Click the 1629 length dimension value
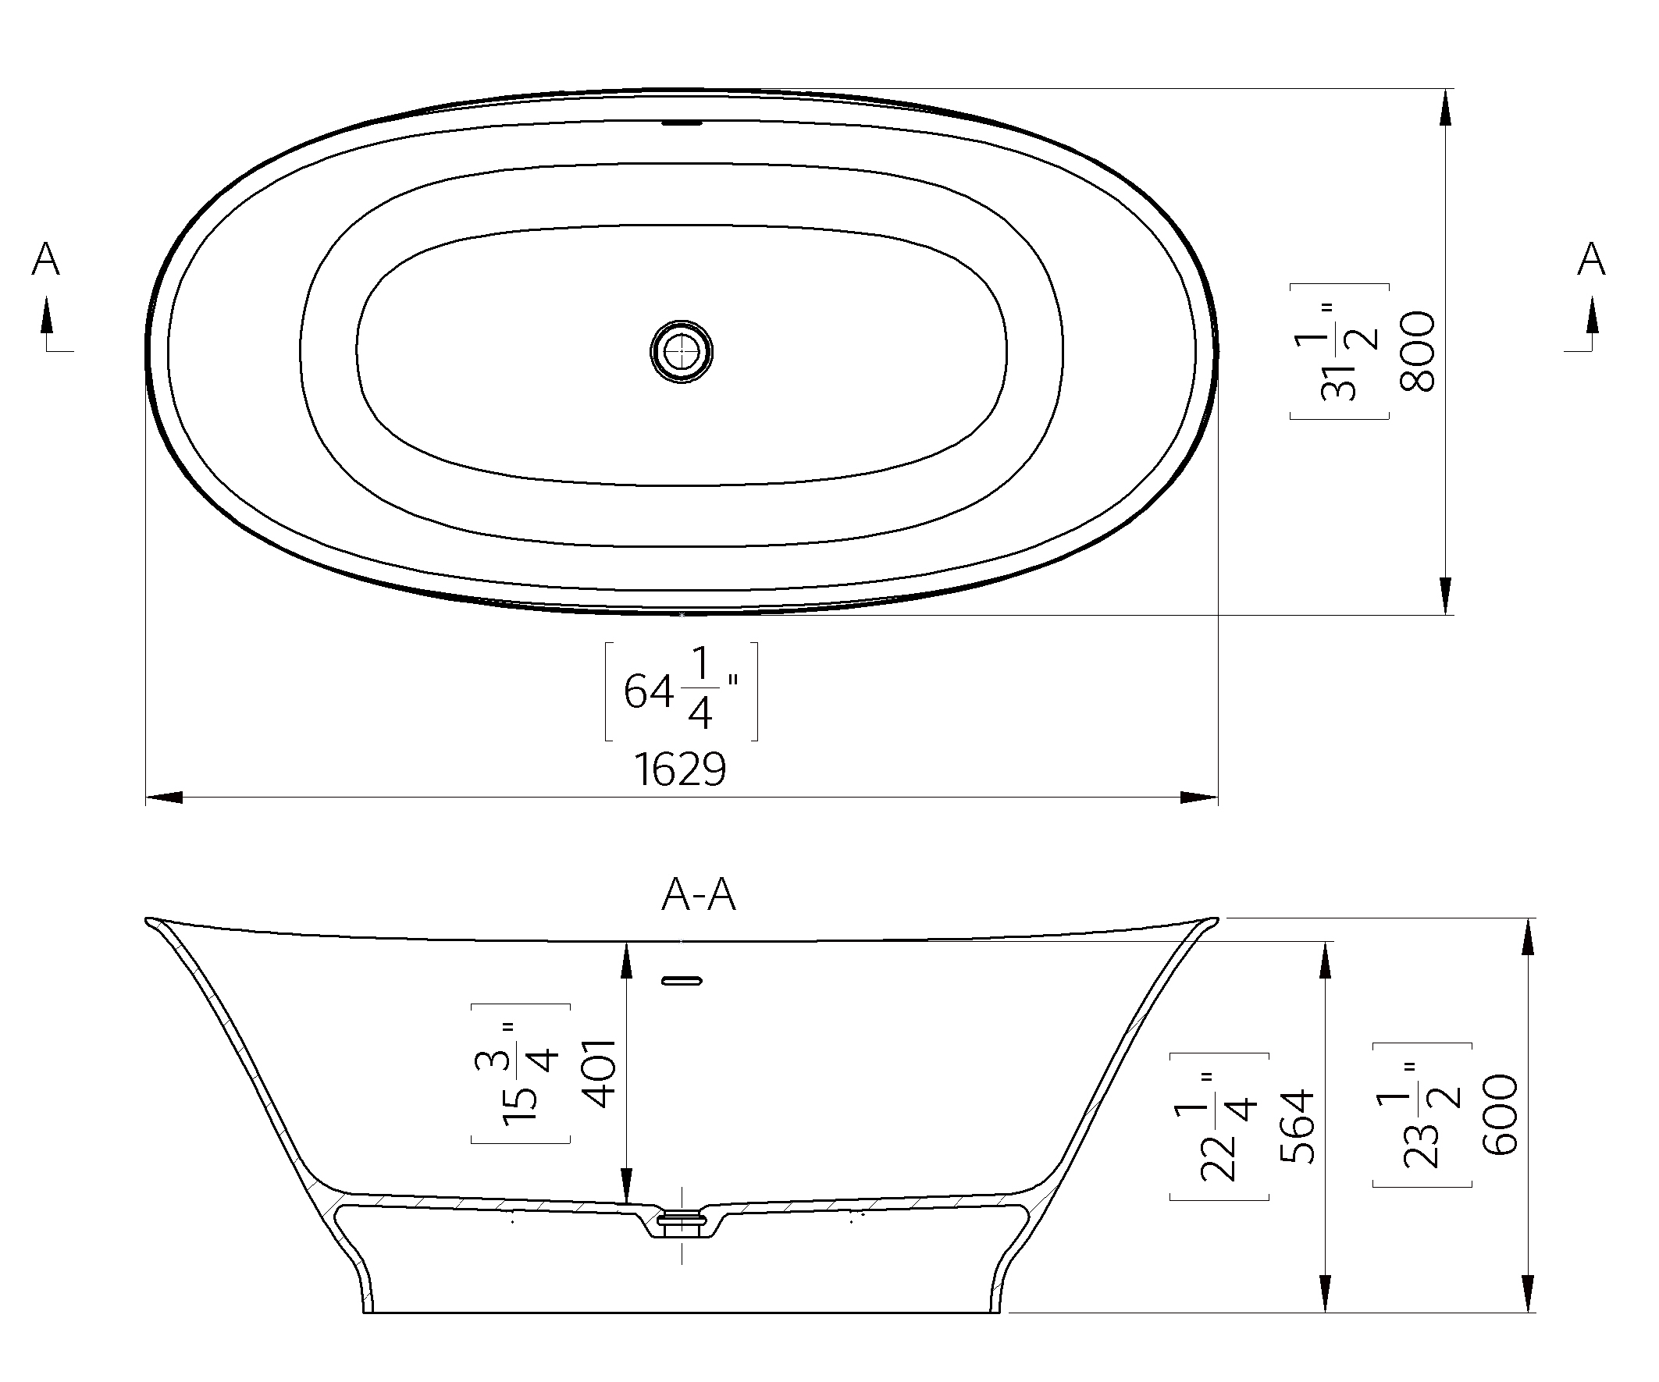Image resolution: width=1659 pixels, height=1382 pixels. pos(680,769)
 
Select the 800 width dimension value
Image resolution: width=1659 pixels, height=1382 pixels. pos(1416,351)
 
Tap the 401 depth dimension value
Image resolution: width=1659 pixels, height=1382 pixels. pos(598,1073)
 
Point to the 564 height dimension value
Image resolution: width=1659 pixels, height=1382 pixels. pos(1298,1126)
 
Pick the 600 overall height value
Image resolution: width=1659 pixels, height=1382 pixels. pos(1500,1115)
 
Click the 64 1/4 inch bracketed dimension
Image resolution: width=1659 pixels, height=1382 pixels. pos(681,692)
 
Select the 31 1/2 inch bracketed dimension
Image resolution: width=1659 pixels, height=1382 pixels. pos(1339,351)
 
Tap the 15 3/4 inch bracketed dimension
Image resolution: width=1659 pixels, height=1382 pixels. pos(521,1073)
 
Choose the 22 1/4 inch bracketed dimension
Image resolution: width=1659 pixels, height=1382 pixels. pos(1219,1126)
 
